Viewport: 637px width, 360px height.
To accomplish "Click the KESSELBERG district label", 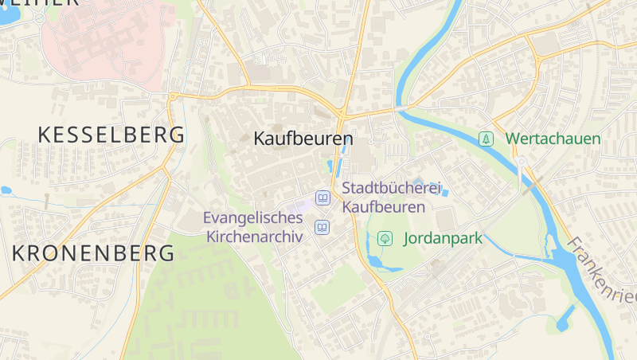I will pyautogui.click(x=111, y=135).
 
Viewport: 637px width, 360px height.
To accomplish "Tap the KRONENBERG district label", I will pyautogui.click(x=94, y=253).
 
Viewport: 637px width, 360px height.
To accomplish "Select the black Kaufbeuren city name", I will pyautogui.click(x=303, y=139).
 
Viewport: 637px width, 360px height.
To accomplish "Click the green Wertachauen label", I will pyautogui.click(x=553, y=139).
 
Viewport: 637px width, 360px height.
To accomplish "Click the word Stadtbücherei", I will pyautogui.click(x=391, y=189).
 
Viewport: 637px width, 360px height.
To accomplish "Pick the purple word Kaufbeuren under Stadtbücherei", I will pyautogui.click(x=383, y=206).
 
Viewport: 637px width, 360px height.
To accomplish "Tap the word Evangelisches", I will pyautogui.click(x=252, y=217).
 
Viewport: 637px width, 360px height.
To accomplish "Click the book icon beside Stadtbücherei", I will pyautogui.click(x=322, y=198).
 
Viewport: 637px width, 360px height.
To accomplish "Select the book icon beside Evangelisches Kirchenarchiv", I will pyautogui.click(x=322, y=228).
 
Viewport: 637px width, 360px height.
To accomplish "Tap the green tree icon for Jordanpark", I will pyautogui.click(x=385, y=237).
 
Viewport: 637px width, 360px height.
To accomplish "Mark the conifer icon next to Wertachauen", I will pyautogui.click(x=486, y=139).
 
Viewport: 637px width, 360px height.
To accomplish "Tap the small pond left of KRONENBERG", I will pyautogui.click(x=6, y=190).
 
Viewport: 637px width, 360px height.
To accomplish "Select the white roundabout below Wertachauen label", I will pyautogui.click(x=521, y=162).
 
